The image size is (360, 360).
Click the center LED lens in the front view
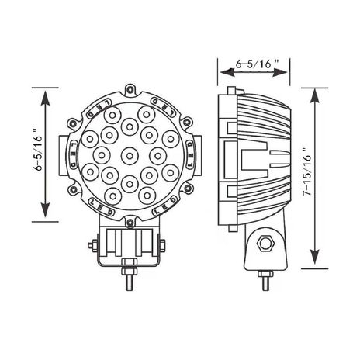[130, 156]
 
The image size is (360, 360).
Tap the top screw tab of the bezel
[130, 90]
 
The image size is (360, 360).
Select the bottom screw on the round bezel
[130, 223]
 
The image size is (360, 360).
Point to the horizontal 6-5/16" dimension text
[258, 64]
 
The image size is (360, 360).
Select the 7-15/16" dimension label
[307, 172]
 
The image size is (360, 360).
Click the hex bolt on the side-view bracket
[265, 243]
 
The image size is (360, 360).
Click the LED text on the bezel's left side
[74, 154]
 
